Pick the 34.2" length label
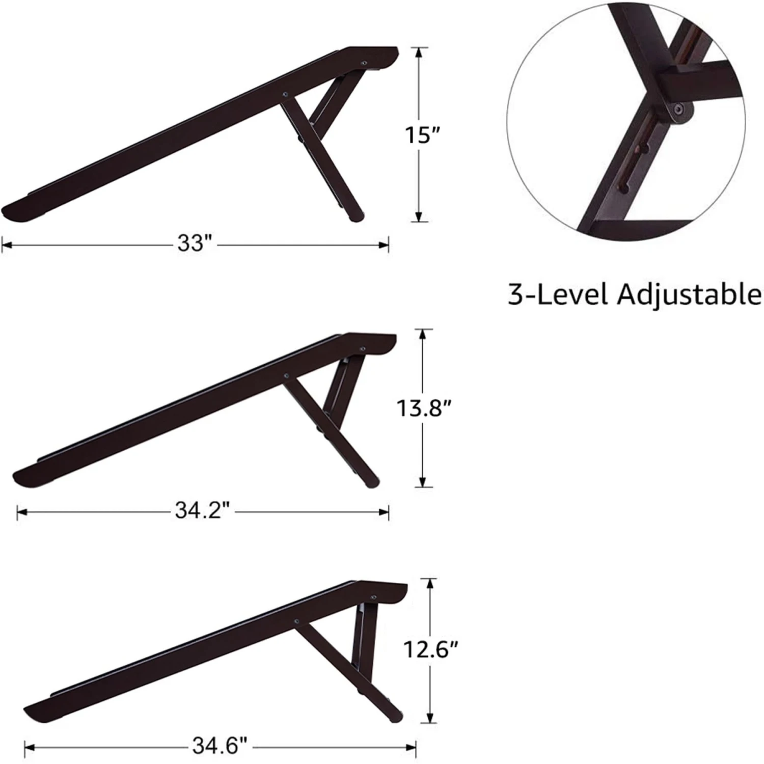coord(202,511)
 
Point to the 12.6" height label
coord(431,649)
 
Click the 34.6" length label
coord(220,747)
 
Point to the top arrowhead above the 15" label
coord(418,51)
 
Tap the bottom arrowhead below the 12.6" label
coord(431,719)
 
